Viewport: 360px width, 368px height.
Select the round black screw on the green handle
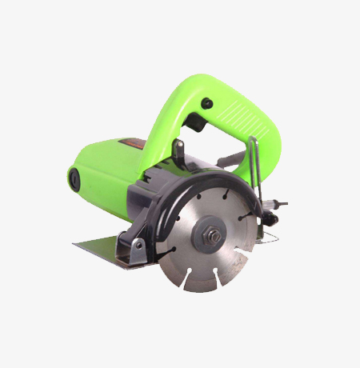click(x=207, y=102)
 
